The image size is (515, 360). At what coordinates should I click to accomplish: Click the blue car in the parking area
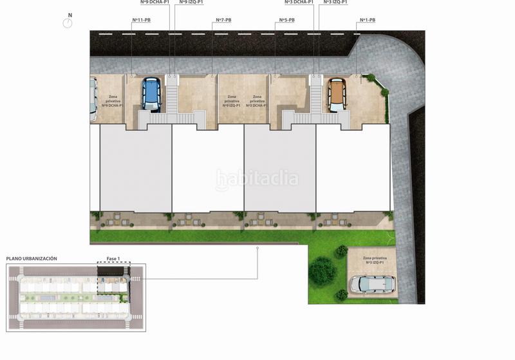pos(150,95)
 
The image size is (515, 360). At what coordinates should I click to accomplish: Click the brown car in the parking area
pos(337,95)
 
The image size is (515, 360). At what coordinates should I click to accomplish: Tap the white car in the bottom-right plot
pos(373,284)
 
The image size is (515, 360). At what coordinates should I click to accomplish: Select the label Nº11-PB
pos(142,20)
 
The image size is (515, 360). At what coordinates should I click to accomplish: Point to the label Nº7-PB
pos(222,20)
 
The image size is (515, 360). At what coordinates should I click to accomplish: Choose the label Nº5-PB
pos(286,20)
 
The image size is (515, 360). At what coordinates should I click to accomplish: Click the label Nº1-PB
pos(366,20)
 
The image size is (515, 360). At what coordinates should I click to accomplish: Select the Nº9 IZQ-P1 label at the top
pos(191,3)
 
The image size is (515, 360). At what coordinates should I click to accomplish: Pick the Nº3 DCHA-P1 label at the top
pos(299,3)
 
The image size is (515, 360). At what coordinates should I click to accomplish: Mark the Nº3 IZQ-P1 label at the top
pos(335,3)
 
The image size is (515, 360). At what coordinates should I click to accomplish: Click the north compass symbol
pos(67,23)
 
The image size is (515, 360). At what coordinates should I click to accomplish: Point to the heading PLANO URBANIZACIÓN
pos(32,258)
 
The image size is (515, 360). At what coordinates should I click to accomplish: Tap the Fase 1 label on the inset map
pos(113,258)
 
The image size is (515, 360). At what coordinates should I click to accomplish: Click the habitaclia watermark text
pos(257,178)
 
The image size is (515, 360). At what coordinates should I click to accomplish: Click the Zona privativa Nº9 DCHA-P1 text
pos(113,101)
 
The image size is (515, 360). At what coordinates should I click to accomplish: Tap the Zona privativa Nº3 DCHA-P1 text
pos(257,101)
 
